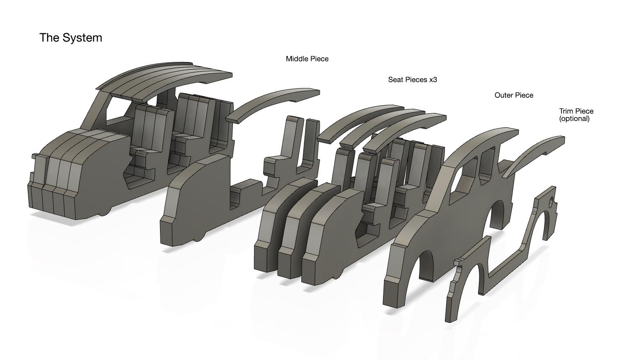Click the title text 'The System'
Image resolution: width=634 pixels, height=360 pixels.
[71, 38]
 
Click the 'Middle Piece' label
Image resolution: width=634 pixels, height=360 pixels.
[307, 59]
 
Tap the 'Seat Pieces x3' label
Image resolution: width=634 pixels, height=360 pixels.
[413, 80]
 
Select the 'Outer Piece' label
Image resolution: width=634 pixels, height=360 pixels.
[514, 95]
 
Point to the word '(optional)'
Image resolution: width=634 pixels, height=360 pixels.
[574, 119]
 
